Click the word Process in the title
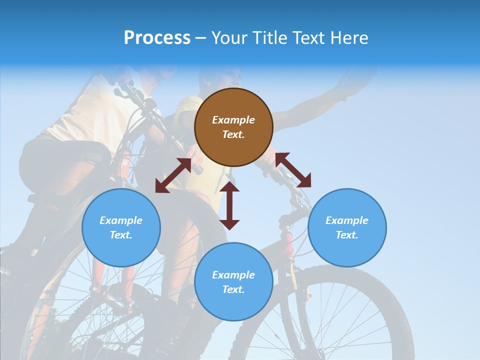click(157, 38)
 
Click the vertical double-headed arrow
click(229, 205)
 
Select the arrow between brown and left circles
click(173, 175)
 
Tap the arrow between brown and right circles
click(293, 170)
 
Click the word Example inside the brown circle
click(233, 120)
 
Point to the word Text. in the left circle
click(121, 235)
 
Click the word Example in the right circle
click(347, 220)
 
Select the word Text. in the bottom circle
click(233, 289)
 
